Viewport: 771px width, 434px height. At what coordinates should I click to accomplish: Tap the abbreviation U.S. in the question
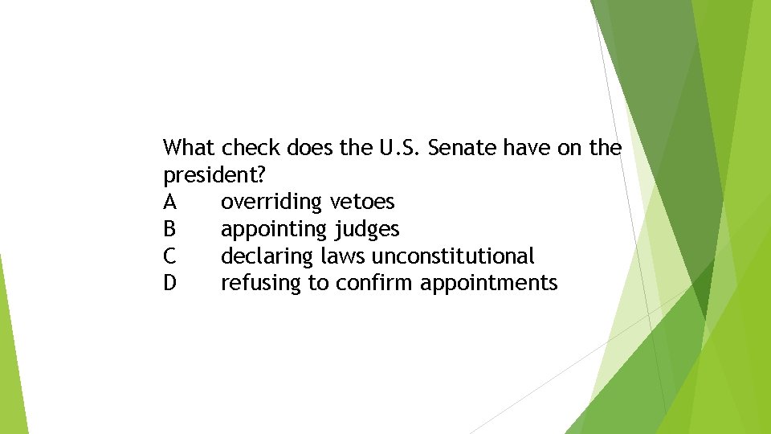point(398,148)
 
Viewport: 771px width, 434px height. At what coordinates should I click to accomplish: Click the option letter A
point(169,202)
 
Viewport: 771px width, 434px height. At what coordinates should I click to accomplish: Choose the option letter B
point(169,229)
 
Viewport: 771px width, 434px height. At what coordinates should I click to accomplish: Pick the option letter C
point(169,256)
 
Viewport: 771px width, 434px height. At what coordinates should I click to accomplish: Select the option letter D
point(169,283)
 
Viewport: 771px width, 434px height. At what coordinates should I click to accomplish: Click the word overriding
point(271,202)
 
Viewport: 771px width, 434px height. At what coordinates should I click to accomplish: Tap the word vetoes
point(362,202)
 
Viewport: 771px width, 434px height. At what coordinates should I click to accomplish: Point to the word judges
point(366,230)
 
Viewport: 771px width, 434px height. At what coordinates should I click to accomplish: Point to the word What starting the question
point(190,148)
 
